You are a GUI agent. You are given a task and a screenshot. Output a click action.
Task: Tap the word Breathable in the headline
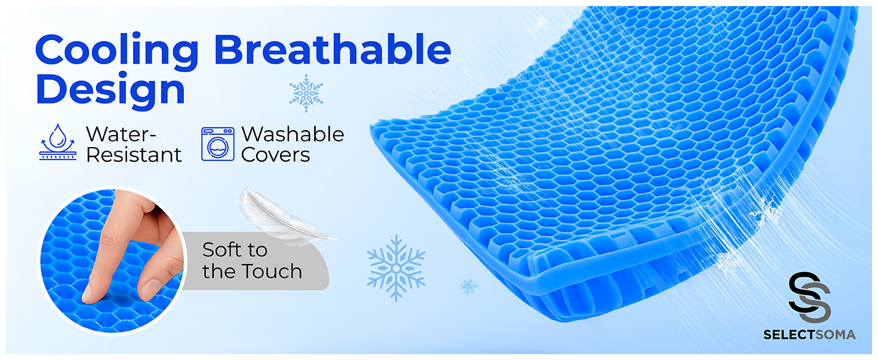(x=332, y=50)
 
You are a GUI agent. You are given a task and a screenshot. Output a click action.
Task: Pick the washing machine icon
(x=218, y=144)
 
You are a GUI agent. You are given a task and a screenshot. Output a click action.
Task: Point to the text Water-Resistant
(x=133, y=144)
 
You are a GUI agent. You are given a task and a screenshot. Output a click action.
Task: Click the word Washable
(x=293, y=134)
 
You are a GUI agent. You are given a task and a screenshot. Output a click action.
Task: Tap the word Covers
(x=275, y=155)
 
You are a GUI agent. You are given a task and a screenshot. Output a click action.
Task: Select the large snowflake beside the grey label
(x=396, y=268)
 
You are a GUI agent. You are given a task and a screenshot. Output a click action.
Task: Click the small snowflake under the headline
(x=306, y=93)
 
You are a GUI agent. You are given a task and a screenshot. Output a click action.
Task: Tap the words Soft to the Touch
(x=251, y=260)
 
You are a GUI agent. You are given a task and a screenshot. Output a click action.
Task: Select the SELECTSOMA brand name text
(x=809, y=335)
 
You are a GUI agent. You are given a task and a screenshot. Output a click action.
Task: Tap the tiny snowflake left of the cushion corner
(x=469, y=286)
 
